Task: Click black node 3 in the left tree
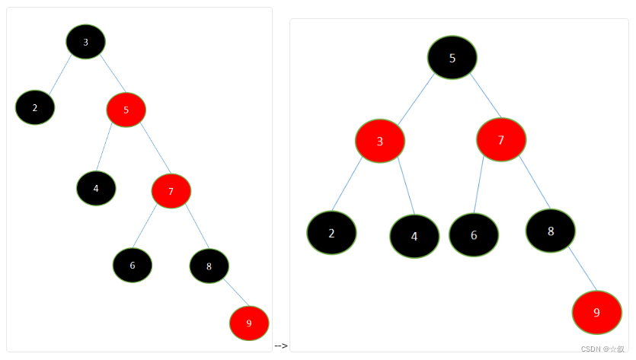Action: coord(85,42)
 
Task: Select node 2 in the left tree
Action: coord(35,107)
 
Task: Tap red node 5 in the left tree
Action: coord(126,110)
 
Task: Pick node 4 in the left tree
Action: coord(96,188)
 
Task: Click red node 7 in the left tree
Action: coord(171,191)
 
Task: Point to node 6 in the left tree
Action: coord(133,265)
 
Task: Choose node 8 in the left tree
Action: coord(209,266)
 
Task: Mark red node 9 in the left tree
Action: coord(249,323)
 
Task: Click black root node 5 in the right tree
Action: coord(452,58)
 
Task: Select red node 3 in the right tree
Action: coord(379,141)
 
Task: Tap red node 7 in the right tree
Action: coord(501,140)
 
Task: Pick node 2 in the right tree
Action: coord(331,233)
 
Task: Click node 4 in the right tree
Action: coord(414,236)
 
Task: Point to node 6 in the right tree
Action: coord(474,234)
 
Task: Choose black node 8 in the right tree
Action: coord(550,231)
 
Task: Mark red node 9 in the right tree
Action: coord(596,312)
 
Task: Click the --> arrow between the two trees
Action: coord(280,346)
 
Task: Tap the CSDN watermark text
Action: coord(602,349)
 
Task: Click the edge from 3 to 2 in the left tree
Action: coord(60,74)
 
